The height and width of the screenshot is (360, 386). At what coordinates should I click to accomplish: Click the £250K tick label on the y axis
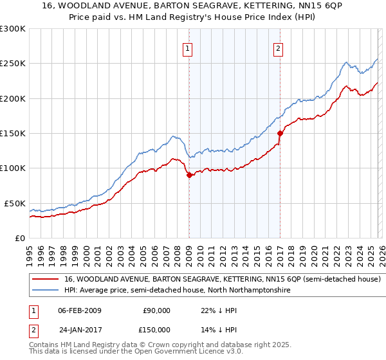click(x=13, y=64)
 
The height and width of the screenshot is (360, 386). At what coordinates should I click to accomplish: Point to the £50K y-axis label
click(x=15, y=203)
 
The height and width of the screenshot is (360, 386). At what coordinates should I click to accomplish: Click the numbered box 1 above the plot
click(x=188, y=48)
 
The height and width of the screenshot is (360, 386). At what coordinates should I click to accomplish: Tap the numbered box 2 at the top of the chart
click(x=279, y=48)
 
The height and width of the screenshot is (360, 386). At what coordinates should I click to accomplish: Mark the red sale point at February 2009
click(x=189, y=175)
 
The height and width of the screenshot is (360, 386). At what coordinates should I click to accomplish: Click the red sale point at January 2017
click(x=280, y=134)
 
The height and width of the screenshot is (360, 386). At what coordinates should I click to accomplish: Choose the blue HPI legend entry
click(x=178, y=291)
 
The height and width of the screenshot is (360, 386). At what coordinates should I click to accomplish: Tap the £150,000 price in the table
click(x=156, y=330)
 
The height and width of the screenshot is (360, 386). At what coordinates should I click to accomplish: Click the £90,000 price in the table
click(x=156, y=310)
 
